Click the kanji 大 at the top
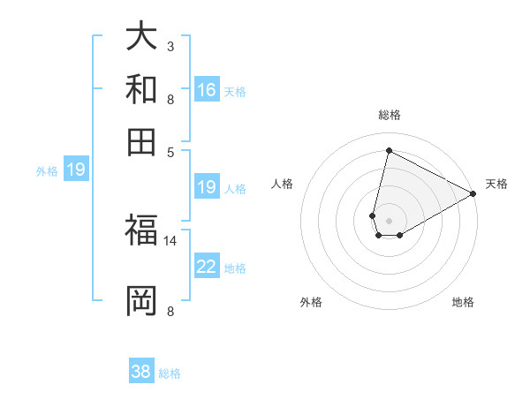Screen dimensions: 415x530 (142, 38)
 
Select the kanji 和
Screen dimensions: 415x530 (142, 90)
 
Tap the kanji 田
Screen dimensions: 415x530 (142, 141)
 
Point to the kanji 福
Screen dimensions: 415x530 (142, 231)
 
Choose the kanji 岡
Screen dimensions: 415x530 (142, 300)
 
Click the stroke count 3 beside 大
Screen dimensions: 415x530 (170, 46)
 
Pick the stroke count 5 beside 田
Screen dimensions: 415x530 (170, 151)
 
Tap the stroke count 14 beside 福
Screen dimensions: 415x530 (170, 240)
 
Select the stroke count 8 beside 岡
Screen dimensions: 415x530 (170, 310)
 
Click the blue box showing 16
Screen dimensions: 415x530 (207, 89)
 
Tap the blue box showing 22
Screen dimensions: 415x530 (207, 267)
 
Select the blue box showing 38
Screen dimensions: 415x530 (141, 372)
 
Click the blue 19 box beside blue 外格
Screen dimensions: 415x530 (76, 170)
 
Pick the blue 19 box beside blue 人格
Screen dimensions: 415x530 (207, 187)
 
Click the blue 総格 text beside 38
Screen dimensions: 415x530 (170, 373)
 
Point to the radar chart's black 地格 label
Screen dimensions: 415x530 (463, 302)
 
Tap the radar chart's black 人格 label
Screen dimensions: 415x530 (283, 184)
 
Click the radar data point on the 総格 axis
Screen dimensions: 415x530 (389, 150)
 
